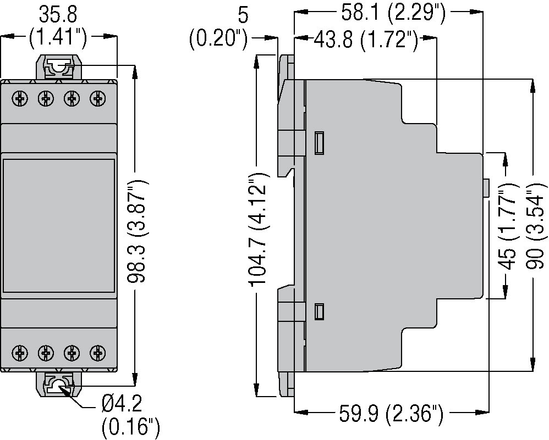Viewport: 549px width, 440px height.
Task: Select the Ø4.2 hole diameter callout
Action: [122, 406]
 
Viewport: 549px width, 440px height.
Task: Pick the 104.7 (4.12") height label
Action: [259, 230]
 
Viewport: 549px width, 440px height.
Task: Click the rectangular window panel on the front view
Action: [59, 227]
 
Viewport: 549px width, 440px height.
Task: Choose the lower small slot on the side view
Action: [319, 311]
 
